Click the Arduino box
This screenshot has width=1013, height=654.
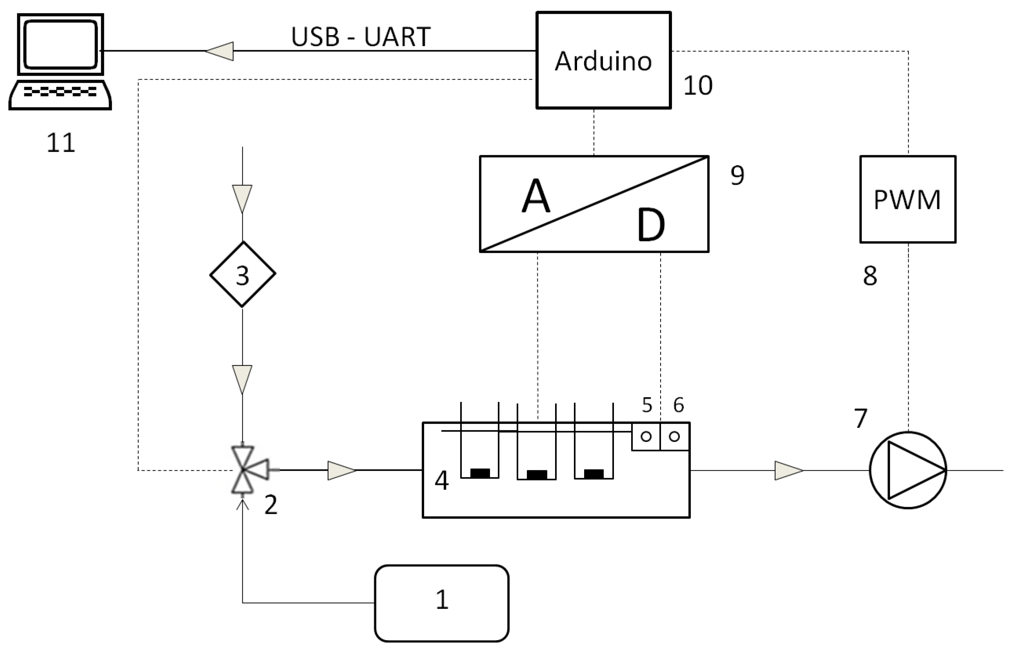pyautogui.click(x=603, y=60)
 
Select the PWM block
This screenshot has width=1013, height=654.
pyautogui.click(x=908, y=199)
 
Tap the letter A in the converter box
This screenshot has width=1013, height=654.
pyautogui.click(x=536, y=196)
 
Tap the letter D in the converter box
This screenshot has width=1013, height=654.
pyautogui.click(x=650, y=225)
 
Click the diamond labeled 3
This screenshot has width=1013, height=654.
pyautogui.click(x=243, y=275)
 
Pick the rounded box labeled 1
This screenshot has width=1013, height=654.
pyautogui.click(x=442, y=603)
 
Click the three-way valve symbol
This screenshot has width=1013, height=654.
pyautogui.click(x=243, y=470)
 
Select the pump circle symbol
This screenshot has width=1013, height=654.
pyautogui.click(x=908, y=470)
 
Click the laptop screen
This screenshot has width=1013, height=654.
pyautogui.click(x=60, y=44)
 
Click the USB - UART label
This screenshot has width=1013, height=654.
pyautogui.click(x=361, y=37)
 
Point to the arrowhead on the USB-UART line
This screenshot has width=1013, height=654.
pyautogui.click(x=220, y=51)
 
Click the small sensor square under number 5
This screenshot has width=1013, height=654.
pyautogui.click(x=646, y=436)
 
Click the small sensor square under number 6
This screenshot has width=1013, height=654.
pyautogui.click(x=674, y=436)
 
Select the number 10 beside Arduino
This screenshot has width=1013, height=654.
pyautogui.click(x=697, y=85)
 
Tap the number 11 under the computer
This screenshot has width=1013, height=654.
pyautogui.click(x=60, y=143)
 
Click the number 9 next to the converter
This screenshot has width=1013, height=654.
pyautogui.click(x=737, y=175)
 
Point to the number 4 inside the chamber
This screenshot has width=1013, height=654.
pyautogui.click(x=442, y=481)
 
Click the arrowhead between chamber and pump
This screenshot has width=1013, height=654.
pyautogui.click(x=788, y=471)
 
